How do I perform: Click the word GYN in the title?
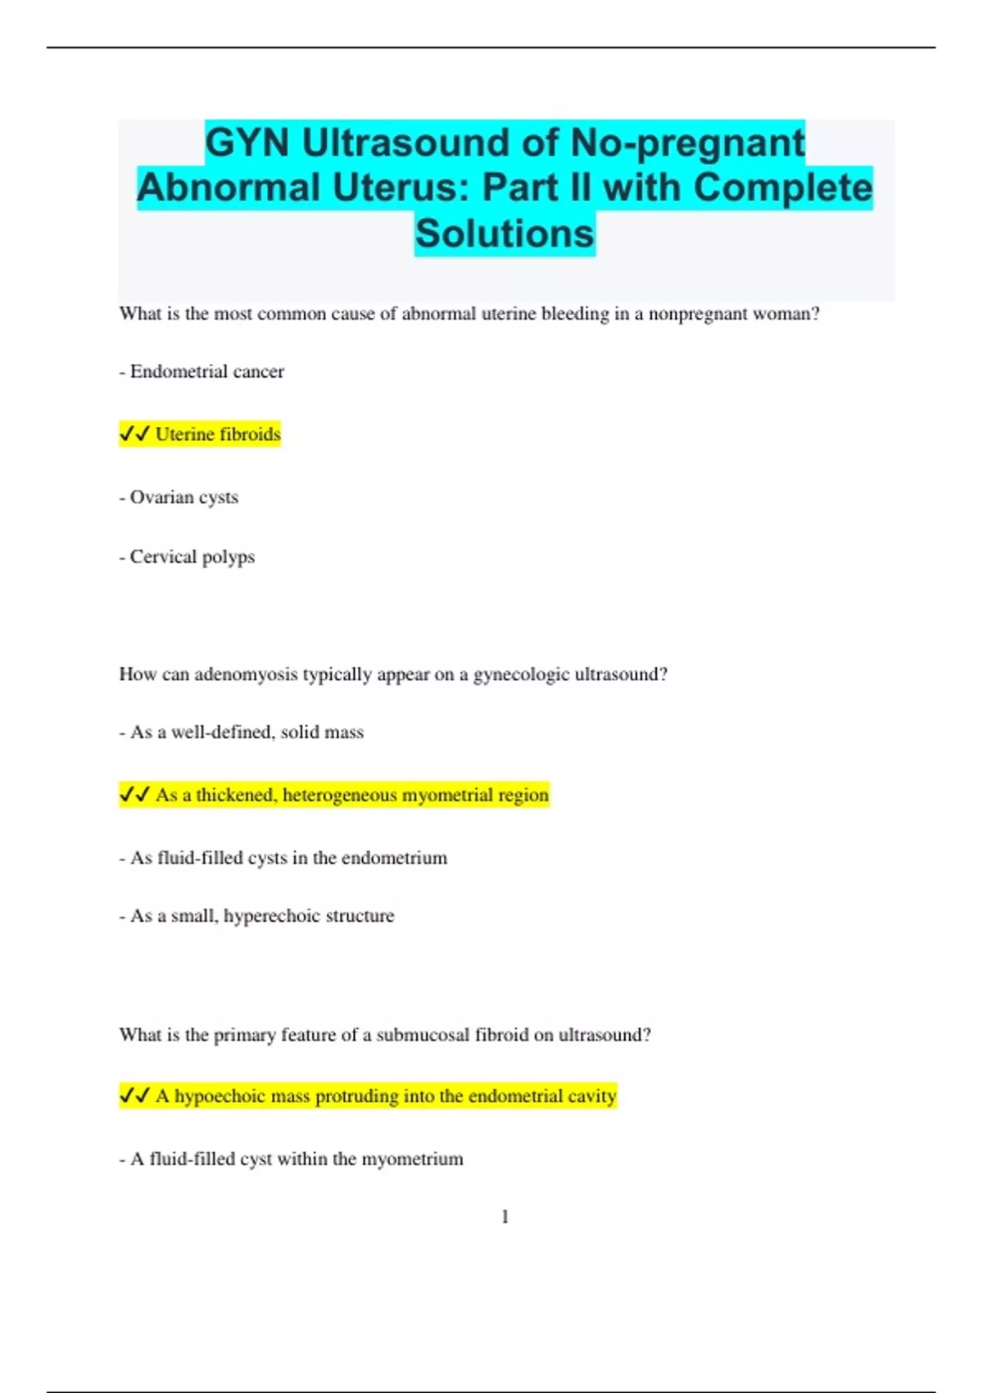pyautogui.click(x=247, y=143)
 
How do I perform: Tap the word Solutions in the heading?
pyautogui.click(x=505, y=234)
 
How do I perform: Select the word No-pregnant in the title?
pyautogui.click(x=687, y=143)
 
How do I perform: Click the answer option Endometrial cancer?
pyautogui.click(x=206, y=372)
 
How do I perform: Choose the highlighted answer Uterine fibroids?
pyautogui.click(x=218, y=434)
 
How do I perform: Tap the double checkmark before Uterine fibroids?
pyautogui.click(x=134, y=433)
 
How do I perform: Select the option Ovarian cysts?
pyautogui.click(x=183, y=497)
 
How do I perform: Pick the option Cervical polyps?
pyautogui.click(x=192, y=557)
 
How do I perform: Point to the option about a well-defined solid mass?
pyautogui.click(x=246, y=733)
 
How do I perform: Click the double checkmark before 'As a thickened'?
pyautogui.click(x=134, y=794)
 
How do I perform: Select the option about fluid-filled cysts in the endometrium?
pyautogui.click(x=288, y=858)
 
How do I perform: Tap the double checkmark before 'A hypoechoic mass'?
pyautogui.click(x=134, y=1096)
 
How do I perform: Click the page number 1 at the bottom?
pyautogui.click(x=505, y=1217)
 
